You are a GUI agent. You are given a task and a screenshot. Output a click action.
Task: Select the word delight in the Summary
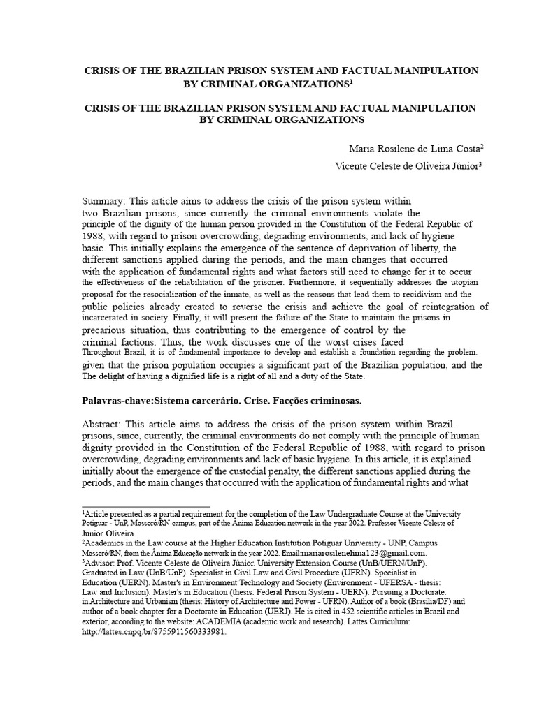coord(117,377)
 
